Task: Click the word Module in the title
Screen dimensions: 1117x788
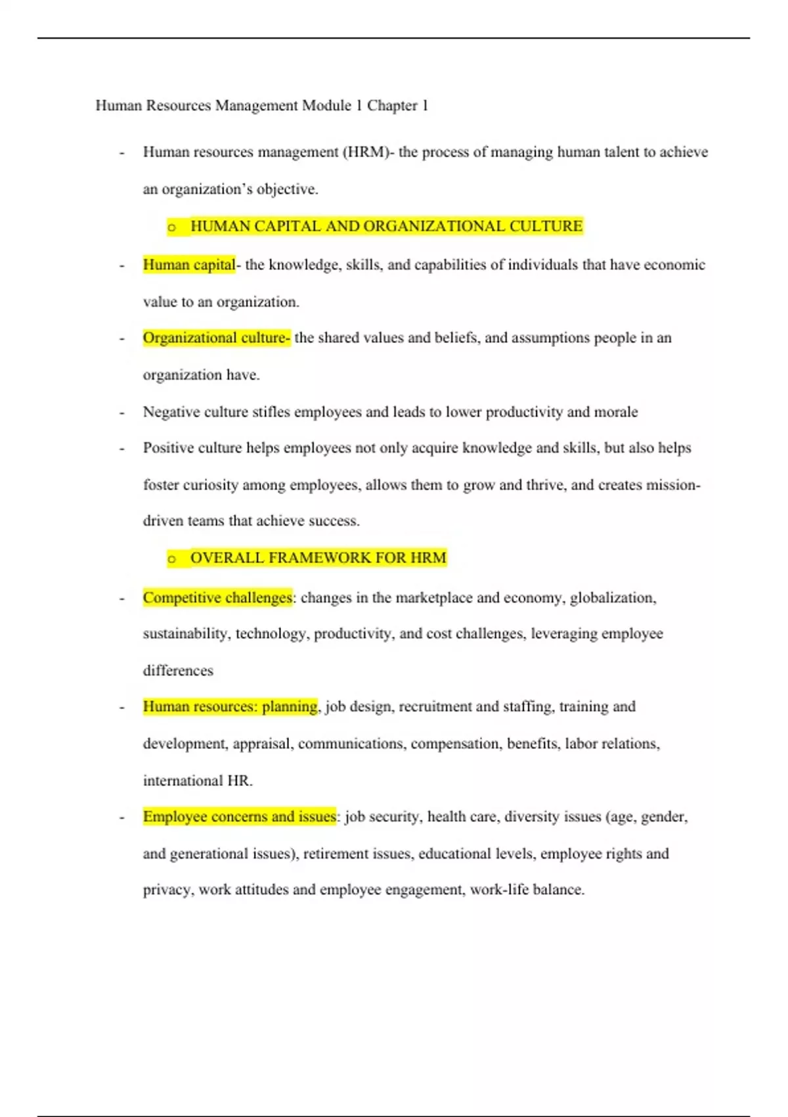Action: [x=326, y=105]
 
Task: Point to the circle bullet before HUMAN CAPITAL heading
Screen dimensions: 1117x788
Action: [x=172, y=227]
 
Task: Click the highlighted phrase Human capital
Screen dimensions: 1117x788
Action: [x=189, y=264]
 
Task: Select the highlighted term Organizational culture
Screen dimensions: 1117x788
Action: [x=216, y=338]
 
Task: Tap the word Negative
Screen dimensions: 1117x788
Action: [x=171, y=412]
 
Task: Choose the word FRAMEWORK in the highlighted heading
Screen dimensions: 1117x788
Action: [x=319, y=558]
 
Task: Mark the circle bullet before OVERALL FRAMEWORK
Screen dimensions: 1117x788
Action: [x=172, y=559]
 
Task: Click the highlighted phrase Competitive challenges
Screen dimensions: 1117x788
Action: [x=217, y=597]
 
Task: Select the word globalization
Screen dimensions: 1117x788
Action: [x=613, y=597]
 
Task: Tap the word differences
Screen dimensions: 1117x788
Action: [x=178, y=670]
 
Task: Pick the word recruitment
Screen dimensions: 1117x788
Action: [x=435, y=706]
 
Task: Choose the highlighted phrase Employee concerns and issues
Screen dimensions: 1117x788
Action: [x=240, y=816]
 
